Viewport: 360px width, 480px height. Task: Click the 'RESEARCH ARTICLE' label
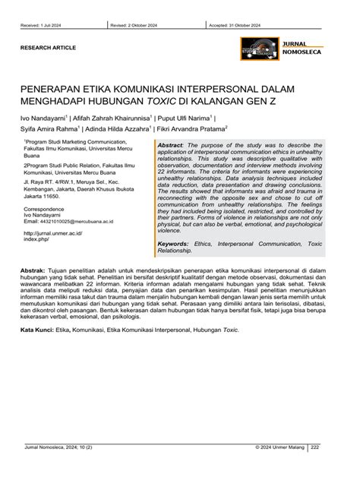[48, 47]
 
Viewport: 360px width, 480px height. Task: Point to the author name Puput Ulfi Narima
[184, 119]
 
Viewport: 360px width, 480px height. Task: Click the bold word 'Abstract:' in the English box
[171, 145]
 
